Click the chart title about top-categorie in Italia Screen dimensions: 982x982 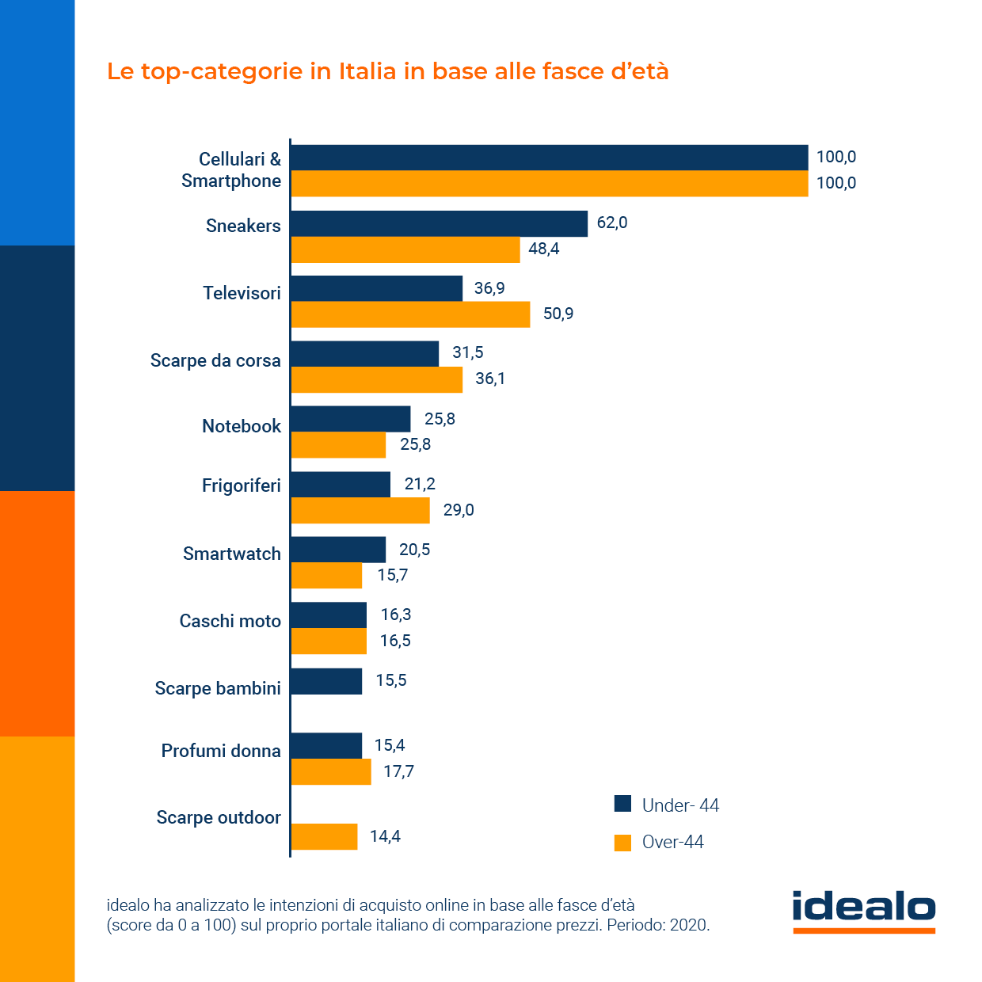point(388,71)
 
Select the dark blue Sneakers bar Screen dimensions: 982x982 point(440,223)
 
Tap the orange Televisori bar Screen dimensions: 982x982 point(410,314)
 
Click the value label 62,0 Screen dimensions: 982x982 point(612,223)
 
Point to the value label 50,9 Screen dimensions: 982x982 point(558,314)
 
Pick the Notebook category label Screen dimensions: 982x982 point(242,426)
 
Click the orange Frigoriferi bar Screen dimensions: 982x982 point(360,510)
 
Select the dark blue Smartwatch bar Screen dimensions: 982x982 point(338,550)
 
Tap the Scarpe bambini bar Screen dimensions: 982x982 point(326,681)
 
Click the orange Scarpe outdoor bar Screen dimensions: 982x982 point(324,836)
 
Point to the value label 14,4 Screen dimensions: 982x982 point(385,836)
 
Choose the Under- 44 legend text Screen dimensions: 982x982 point(680,805)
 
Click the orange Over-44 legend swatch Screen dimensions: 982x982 point(623,843)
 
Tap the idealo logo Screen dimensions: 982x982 point(864,911)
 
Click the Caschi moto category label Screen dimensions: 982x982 point(230,621)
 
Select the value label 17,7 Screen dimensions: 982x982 point(398,771)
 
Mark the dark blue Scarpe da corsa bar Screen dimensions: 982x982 point(365,354)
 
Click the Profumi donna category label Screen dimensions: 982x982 point(221,751)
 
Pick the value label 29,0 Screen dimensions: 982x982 point(459,510)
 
